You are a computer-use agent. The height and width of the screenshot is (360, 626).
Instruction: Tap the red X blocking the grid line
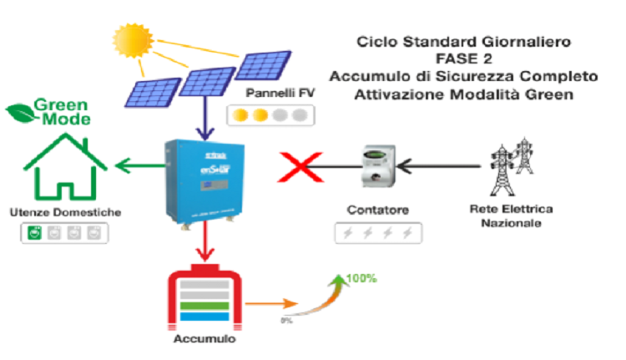[298, 167]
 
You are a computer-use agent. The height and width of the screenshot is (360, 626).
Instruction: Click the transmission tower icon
[505, 165]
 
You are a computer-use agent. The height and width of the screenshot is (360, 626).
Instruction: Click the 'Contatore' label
[376, 210]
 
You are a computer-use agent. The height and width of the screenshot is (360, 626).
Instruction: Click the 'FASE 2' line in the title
[463, 58]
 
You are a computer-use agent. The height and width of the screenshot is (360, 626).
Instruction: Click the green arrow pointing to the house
[139, 167]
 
